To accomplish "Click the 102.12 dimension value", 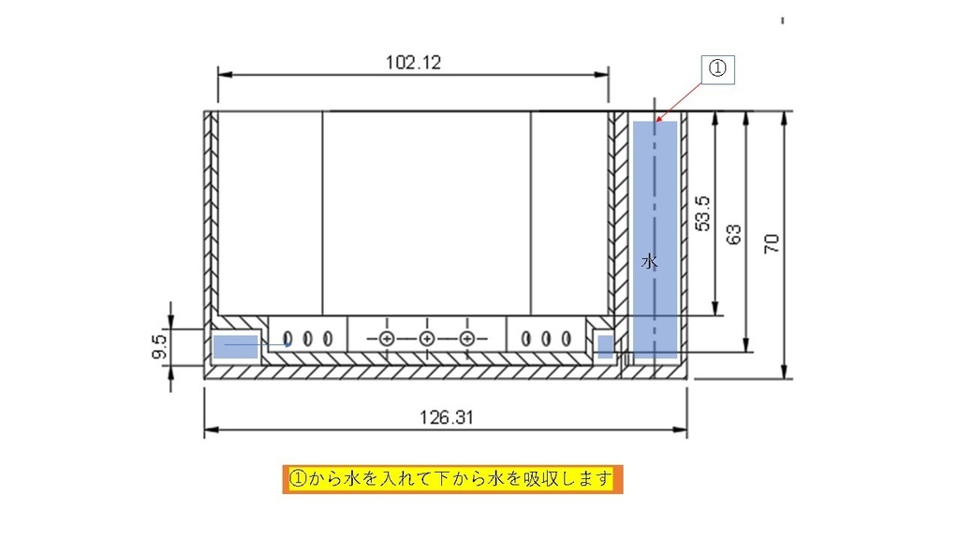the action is click(x=413, y=63).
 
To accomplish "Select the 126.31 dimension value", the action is click(x=447, y=417).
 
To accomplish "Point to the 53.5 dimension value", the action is click(x=703, y=213).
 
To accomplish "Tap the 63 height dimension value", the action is click(x=733, y=234).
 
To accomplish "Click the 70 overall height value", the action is click(x=772, y=244).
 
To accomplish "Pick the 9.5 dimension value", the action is click(x=159, y=346).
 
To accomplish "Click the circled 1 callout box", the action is click(x=717, y=69).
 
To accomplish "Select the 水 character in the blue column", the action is click(x=650, y=262).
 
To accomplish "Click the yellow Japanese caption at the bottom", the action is click(x=452, y=478).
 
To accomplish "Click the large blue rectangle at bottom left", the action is click(x=235, y=346).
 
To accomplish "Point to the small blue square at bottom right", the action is click(x=605, y=346).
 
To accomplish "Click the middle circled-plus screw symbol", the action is click(x=427, y=339).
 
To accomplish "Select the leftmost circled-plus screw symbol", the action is click(x=387, y=339).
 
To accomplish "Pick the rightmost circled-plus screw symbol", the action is click(x=467, y=339).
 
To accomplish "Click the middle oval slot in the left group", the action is click(x=307, y=339).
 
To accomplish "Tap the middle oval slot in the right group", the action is click(x=546, y=339).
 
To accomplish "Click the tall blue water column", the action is click(x=655, y=239).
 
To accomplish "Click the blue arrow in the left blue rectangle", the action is click(x=258, y=344).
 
